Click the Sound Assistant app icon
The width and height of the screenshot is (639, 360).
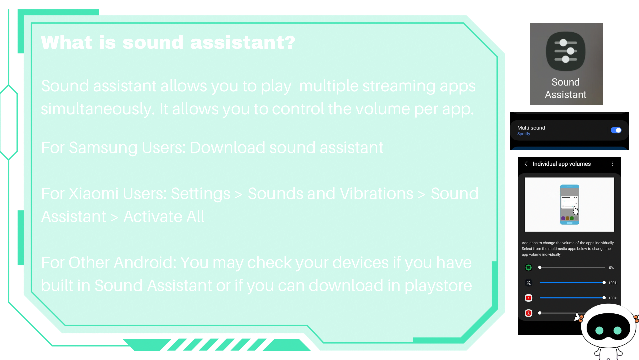coord(566,51)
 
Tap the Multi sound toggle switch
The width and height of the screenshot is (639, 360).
coord(616,130)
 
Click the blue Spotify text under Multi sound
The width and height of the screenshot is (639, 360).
coord(524,134)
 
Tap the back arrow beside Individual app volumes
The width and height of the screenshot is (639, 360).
coord(526,164)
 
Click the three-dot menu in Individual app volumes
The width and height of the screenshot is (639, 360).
coord(613,164)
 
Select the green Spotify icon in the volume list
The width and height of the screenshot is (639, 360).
coord(528,267)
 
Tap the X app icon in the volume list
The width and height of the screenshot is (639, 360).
coord(528,283)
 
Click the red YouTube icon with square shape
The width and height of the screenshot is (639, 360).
coord(528,298)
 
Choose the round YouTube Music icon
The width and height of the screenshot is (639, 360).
coord(528,313)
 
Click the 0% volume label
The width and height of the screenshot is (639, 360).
coord(611,268)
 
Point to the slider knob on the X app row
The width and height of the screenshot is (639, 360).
coord(604,283)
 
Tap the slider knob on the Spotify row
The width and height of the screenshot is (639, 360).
coord(540,267)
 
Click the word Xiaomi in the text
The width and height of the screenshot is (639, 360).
coord(93,194)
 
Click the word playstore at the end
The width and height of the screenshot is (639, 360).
coord(438,286)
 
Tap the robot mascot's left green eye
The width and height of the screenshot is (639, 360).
coord(599,330)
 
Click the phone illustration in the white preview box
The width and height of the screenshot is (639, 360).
coord(569,204)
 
